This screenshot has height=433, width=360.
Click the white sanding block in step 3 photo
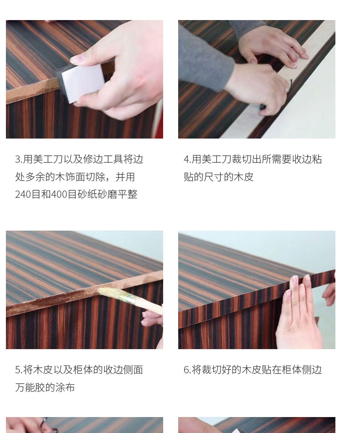(x=82, y=82)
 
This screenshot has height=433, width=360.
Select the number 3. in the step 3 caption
(x=19, y=160)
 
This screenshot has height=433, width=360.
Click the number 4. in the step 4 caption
(x=187, y=160)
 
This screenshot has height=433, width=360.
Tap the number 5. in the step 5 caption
(x=19, y=370)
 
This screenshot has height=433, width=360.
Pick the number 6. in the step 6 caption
(x=187, y=370)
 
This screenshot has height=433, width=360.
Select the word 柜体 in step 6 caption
(x=292, y=370)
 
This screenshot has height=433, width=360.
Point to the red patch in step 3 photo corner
(x=159, y=122)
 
